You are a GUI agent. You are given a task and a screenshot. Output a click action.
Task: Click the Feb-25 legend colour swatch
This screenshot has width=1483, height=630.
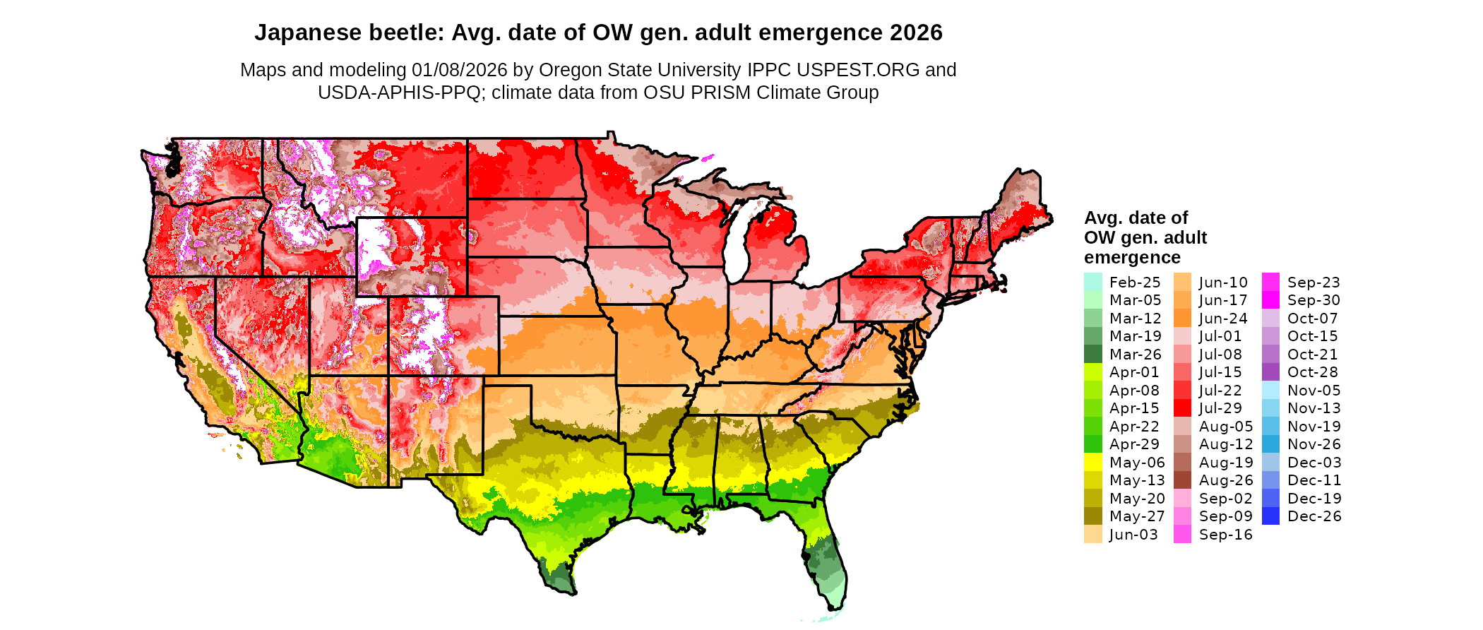coord(1092,282)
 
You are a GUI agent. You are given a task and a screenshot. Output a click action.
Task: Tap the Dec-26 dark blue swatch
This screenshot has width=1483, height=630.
coord(1270,516)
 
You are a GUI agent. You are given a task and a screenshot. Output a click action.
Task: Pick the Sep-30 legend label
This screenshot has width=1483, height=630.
coord(1314,300)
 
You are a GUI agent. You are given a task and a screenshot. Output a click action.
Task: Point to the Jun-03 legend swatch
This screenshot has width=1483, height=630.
coord(1092,535)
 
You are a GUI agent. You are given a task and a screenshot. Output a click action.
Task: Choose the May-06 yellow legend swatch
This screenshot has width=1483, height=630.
coord(1092,463)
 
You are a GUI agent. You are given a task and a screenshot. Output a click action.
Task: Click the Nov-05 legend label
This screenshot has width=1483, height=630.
coord(1314,391)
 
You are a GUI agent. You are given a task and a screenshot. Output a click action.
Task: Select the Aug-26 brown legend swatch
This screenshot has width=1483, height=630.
coord(1182,480)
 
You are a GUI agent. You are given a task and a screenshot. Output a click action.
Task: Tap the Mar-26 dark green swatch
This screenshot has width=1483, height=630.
coord(1092,355)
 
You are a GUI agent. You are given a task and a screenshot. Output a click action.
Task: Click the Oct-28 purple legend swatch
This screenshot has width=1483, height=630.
coord(1270,372)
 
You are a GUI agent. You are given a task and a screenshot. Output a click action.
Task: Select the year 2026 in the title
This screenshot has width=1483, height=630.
coord(916,33)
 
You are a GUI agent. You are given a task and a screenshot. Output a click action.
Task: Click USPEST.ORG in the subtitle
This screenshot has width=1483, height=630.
coord(858,70)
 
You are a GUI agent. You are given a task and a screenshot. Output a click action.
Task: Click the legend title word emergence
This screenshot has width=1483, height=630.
coord(1132,257)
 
